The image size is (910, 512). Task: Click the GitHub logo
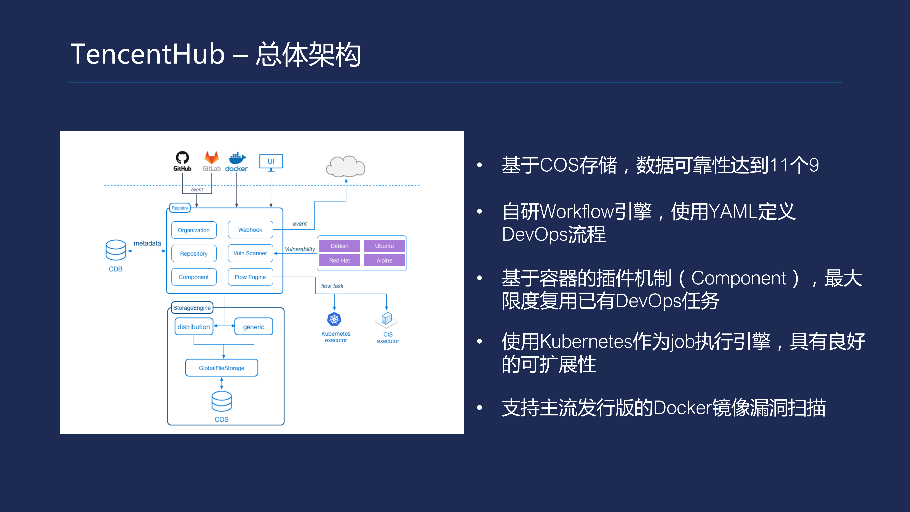click(182, 158)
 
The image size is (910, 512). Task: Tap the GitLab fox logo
click(212, 158)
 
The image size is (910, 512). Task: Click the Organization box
click(194, 230)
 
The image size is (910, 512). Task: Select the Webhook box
click(250, 230)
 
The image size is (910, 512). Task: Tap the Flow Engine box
click(250, 277)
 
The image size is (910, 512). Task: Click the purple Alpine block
click(384, 260)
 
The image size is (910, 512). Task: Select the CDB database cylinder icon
click(116, 250)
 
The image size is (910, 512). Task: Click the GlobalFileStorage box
click(222, 368)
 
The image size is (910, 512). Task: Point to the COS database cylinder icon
click(222, 401)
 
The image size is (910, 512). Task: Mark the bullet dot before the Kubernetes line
click(479, 341)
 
